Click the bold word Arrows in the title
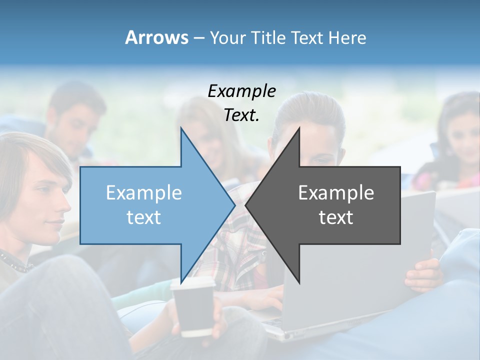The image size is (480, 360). (x=156, y=37)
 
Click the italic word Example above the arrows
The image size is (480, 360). (x=241, y=91)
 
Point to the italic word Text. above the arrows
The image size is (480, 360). (x=241, y=115)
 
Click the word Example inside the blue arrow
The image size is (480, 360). (x=143, y=192)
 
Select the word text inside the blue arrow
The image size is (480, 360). (x=143, y=217)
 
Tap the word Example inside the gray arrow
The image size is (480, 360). (x=336, y=192)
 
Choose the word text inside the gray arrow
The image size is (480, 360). (x=336, y=217)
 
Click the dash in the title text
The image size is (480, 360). (x=198, y=38)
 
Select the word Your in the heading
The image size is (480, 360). (x=227, y=37)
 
